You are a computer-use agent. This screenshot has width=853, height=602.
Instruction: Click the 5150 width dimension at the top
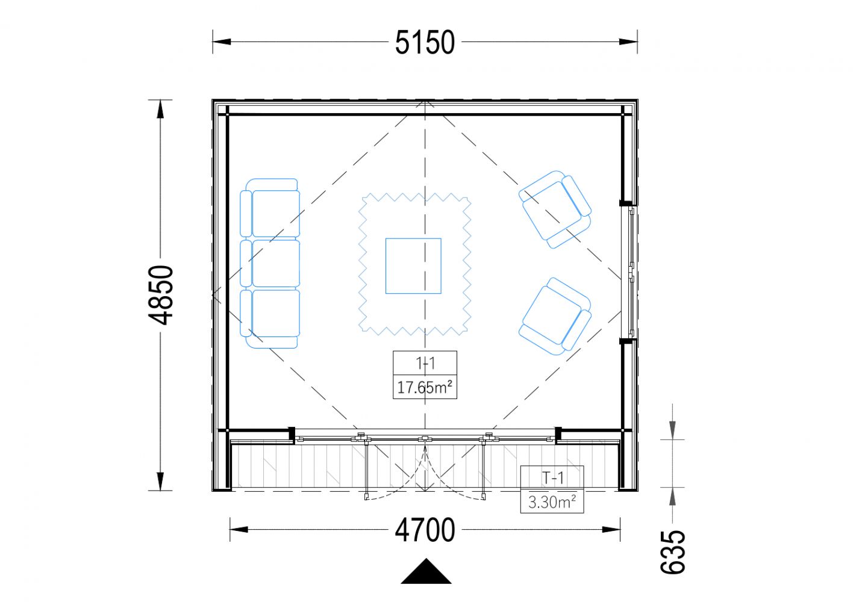click(425, 42)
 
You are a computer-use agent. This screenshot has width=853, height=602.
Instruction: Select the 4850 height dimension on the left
click(161, 295)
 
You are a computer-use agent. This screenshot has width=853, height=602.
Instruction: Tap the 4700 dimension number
click(425, 530)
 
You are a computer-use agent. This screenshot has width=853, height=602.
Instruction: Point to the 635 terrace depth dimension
click(673, 551)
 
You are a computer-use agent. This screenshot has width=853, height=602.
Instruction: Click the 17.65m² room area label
click(425, 388)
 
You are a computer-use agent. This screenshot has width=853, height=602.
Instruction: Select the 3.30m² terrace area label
click(552, 502)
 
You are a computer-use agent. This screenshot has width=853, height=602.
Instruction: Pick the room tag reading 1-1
click(425, 364)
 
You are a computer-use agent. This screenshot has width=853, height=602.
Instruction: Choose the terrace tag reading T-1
click(552, 478)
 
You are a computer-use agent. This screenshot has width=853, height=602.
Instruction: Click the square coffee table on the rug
click(413, 266)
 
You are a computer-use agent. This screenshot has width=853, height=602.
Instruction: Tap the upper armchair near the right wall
click(555, 209)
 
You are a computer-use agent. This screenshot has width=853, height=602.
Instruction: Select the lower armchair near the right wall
click(555, 316)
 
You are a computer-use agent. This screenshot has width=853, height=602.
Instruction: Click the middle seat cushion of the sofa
click(276, 263)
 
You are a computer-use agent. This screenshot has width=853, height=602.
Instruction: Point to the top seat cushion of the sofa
click(276, 213)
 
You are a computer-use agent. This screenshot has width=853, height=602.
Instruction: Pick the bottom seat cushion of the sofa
click(276, 313)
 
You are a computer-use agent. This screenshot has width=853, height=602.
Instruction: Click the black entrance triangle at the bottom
click(426, 571)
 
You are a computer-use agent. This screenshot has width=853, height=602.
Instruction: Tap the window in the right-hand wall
click(629, 272)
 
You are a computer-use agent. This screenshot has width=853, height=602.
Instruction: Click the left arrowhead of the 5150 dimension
click(222, 42)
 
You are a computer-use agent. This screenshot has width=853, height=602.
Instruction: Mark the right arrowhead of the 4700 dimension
click(611, 529)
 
